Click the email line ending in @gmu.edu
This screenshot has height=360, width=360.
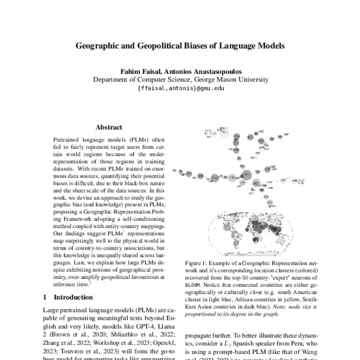[x=180, y=88]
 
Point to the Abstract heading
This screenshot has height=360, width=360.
[x=109, y=127]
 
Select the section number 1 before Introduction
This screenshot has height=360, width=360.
[x=46, y=297]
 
